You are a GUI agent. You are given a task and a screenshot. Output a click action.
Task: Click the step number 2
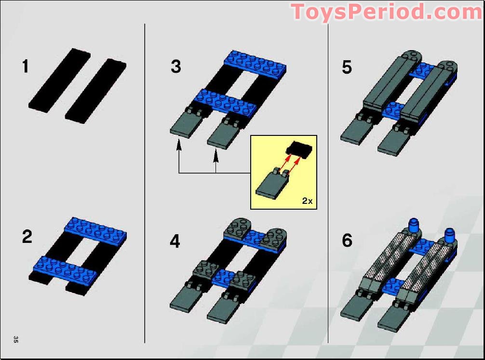(27, 237)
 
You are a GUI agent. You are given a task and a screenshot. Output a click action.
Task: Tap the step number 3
(176, 67)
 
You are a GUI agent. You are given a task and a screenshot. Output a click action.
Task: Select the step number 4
(175, 241)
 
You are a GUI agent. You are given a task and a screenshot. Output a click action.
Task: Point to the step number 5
(347, 67)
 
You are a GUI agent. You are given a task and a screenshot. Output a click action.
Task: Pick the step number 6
(347, 240)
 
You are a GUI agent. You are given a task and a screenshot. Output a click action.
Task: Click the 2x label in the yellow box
(307, 201)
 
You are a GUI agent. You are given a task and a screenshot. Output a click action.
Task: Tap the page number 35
(16, 339)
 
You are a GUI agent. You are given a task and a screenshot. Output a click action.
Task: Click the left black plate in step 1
(59, 80)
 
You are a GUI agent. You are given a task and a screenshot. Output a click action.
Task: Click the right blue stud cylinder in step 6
(449, 235)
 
